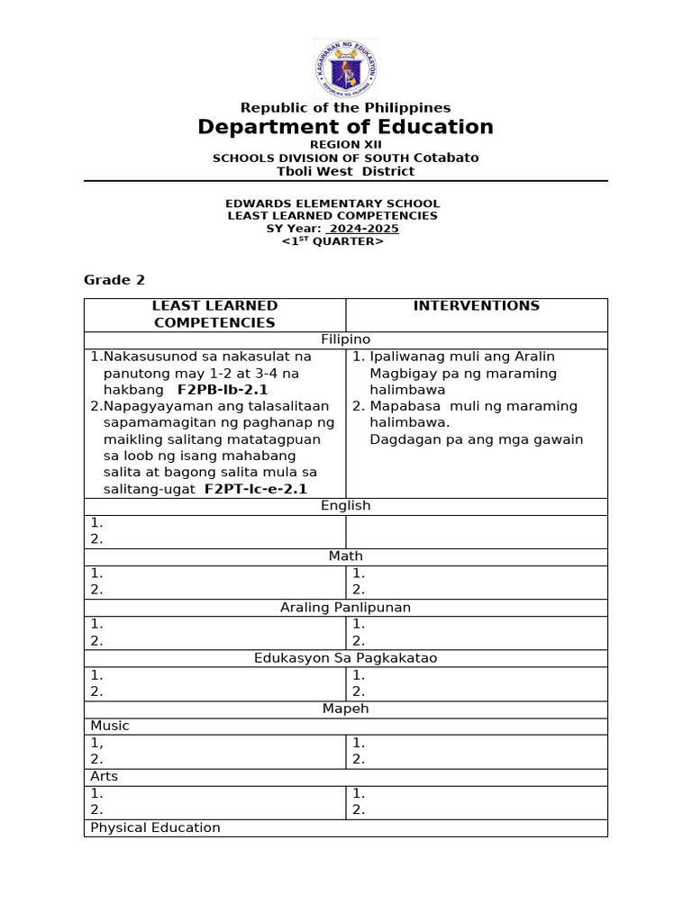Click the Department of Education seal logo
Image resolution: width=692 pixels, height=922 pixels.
(x=345, y=68)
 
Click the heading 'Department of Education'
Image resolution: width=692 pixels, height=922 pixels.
(x=345, y=127)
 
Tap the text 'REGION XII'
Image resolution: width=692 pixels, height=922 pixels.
(x=345, y=144)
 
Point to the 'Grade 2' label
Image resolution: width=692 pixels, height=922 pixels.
(x=114, y=280)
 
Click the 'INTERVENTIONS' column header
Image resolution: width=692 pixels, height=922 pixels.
(x=476, y=306)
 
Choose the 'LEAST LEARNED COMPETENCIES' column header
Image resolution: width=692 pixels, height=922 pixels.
(x=214, y=314)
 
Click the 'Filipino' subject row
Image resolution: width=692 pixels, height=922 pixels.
(x=345, y=339)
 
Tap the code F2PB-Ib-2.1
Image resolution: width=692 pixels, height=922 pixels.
(x=223, y=390)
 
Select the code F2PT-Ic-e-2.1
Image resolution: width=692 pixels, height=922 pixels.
(x=256, y=489)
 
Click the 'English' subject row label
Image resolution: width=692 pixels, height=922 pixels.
(x=345, y=506)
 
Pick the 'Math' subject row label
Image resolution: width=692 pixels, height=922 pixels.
(x=345, y=556)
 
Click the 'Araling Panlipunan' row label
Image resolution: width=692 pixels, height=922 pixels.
(x=345, y=608)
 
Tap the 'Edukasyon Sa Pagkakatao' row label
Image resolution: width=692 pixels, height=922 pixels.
(x=345, y=658)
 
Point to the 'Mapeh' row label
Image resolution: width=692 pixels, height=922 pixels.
(x=345, y=709)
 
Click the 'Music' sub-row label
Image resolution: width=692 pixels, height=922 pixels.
(x=110, y=726)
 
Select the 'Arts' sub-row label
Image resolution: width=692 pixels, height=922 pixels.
(x=104, y=776)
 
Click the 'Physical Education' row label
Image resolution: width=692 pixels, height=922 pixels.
(x=155, y=827)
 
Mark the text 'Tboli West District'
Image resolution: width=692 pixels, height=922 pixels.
(x=345, y=171)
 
